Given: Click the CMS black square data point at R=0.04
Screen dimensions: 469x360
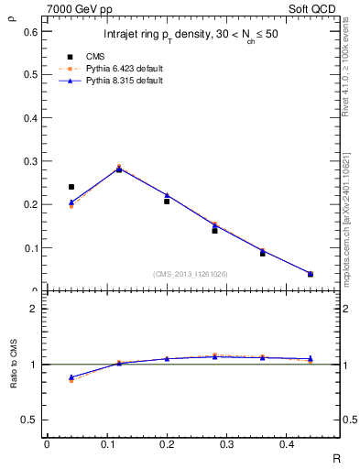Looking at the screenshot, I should pos(71,187).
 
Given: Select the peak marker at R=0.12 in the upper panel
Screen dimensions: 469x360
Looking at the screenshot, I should pos(119,169).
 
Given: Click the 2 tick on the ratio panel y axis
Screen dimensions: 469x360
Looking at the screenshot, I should pos(34,309).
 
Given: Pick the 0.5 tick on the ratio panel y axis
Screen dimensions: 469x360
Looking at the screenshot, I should pos(30,420).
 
